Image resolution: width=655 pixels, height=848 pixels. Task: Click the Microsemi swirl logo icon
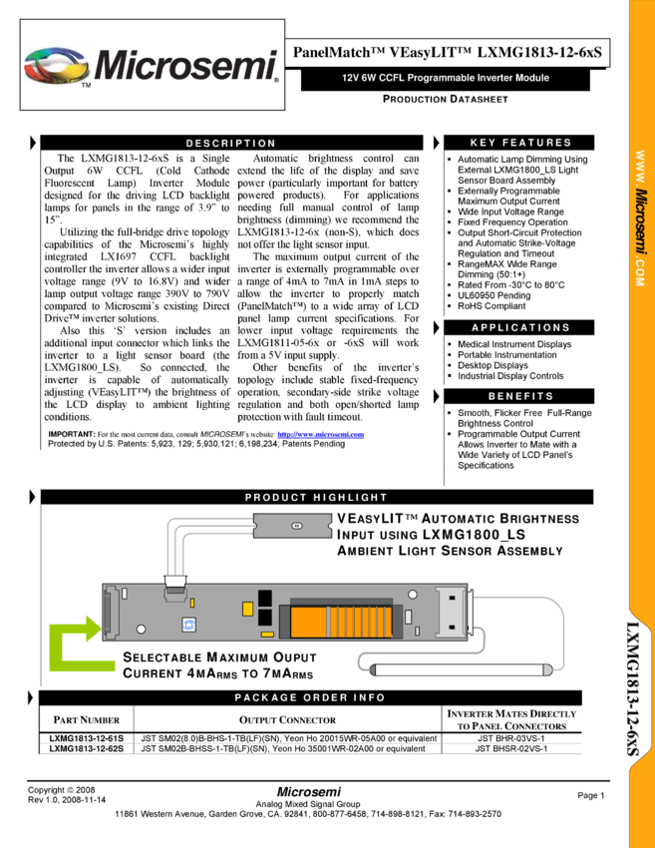tap(56, 66)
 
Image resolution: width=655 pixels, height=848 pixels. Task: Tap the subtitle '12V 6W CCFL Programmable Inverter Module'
tap(445, 78)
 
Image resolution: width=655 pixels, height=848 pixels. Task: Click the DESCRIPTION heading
tap(230, 144)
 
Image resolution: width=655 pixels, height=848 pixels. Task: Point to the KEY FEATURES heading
tap(520, 143)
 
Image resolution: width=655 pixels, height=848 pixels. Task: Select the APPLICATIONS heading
tap(520, 327)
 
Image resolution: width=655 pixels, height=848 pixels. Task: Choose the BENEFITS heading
tap(520, 396)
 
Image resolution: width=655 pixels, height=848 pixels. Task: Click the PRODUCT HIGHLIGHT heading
tap(316, 497)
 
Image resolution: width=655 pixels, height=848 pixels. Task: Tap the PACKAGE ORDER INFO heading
tap(309, 697)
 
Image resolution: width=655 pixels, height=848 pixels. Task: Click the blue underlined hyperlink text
tap(321, 435)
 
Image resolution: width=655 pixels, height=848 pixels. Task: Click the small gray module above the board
tap(292, 525)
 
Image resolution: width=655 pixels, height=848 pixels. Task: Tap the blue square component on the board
tap(188, 625)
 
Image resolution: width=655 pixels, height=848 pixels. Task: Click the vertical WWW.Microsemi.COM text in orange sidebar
tap(640, 219)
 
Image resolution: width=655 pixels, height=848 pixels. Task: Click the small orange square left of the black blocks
tap(248, 609)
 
